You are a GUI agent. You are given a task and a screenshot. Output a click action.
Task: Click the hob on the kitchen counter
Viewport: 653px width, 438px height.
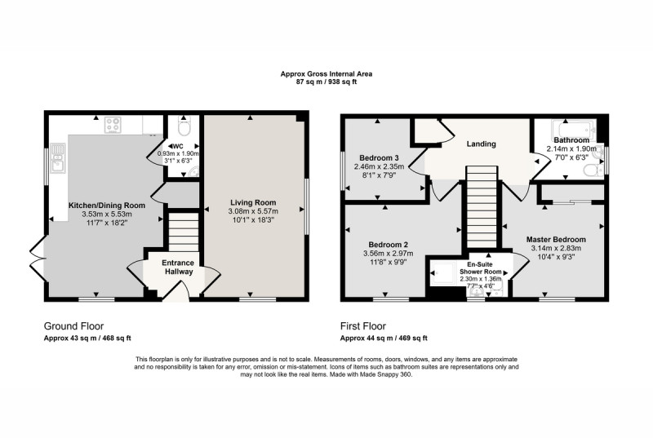coord(113,125)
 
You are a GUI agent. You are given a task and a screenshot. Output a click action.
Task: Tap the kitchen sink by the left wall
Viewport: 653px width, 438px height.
coord(57,157)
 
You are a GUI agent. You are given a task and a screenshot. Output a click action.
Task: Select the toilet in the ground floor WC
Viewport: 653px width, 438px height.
coord(184,126)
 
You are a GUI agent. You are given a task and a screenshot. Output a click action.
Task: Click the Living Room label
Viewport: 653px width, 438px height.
coord(253,202)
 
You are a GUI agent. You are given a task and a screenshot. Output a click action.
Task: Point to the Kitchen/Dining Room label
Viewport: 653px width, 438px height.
coord(107,206)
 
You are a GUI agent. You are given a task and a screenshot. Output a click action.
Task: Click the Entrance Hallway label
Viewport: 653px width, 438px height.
coord(178,268)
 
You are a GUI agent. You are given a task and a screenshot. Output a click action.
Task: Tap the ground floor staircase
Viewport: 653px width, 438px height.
coord(184,232)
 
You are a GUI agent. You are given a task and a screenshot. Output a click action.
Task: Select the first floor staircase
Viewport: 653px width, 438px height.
coord(482,207)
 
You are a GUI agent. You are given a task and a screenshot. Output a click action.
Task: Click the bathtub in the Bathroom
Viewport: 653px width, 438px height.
coord(574,129)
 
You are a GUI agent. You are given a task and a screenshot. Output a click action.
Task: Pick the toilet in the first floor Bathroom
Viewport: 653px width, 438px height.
coord(594,170)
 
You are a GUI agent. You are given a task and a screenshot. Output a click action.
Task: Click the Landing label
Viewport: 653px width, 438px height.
coord(481,144)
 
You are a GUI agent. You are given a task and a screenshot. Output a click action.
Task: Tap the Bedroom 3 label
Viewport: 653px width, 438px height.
coord(379,158)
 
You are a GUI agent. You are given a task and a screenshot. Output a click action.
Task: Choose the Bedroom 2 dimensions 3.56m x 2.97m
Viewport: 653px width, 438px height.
coord(389,254)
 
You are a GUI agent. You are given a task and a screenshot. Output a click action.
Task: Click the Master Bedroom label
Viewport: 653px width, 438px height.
coord(556,240)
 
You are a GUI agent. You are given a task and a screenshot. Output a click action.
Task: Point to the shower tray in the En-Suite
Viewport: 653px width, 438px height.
coord(443,273)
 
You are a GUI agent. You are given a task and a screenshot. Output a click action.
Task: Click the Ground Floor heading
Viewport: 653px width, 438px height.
coord(73,326)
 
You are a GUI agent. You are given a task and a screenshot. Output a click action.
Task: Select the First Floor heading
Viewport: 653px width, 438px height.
coord(363,326)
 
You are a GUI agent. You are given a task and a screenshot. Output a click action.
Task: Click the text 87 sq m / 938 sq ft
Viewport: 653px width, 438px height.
coord(326,82)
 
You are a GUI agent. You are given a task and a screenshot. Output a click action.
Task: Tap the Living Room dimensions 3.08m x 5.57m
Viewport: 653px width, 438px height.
coord(253,211)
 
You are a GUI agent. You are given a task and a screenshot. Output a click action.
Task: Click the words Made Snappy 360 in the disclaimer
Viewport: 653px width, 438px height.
coord(385,374)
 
